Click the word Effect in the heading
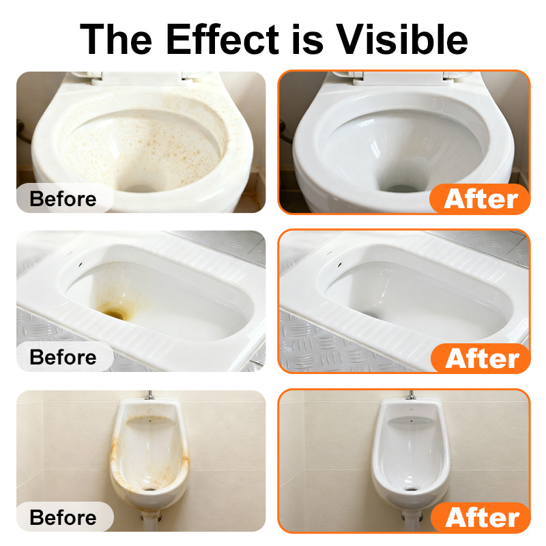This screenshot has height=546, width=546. point(222,39)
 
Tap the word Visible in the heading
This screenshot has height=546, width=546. point(401,39)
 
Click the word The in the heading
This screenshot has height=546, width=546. point(115,39)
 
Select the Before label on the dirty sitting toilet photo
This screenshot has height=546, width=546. point(63,199)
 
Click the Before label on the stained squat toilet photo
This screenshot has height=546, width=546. point(63,357)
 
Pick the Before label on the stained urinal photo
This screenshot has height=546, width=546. point(63,517)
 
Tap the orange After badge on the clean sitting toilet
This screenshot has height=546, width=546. point(480,199)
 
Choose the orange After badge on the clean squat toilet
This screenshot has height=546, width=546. point(481,358)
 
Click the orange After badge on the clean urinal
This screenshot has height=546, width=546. point(481,518)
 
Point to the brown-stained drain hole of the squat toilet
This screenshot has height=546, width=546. point(114,313)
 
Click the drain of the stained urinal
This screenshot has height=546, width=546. point(149,489)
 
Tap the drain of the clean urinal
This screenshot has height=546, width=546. point(411,489)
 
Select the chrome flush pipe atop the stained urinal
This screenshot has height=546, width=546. point(149,395)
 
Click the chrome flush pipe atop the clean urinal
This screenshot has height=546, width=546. point(411,395)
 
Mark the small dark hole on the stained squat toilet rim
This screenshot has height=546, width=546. point(81,265)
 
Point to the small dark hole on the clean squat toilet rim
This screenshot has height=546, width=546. point(340,265)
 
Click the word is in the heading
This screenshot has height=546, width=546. point(307,39)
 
